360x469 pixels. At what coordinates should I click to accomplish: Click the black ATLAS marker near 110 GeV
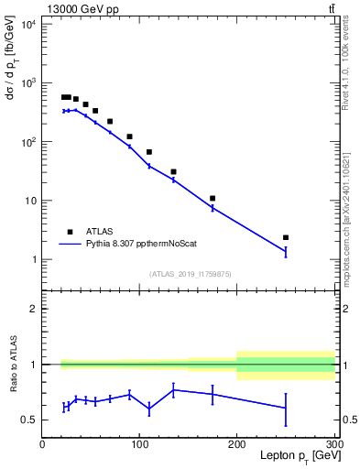point(149,152)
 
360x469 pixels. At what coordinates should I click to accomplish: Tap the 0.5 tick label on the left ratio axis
point(27,420)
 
